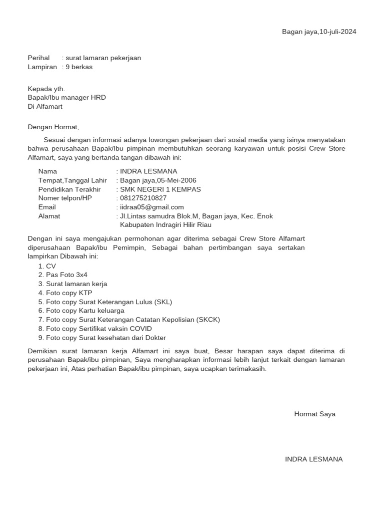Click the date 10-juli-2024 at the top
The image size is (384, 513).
337,32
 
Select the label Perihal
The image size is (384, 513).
38,58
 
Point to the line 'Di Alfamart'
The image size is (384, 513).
45,106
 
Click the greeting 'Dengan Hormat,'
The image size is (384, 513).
53,127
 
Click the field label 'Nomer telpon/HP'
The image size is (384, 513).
65,198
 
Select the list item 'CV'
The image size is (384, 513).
51,266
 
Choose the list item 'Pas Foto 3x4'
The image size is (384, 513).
66,275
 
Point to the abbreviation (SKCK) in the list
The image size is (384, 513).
208,320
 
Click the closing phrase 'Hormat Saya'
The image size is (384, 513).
314,414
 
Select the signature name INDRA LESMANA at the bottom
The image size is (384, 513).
313,459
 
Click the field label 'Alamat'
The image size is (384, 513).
49,216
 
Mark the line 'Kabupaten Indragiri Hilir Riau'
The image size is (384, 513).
166,225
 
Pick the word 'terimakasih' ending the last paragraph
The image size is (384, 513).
246,369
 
